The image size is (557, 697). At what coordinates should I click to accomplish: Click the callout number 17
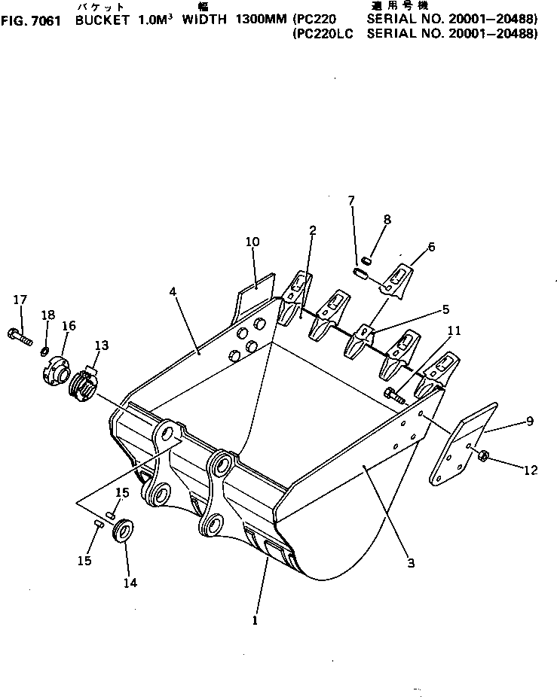click(x=19, y=300)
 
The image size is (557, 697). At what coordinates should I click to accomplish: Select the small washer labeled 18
click(x=46, y=351)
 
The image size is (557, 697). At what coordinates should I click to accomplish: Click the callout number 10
click(x=252, y=242)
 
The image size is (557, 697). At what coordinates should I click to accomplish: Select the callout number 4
click(x=175, y=291)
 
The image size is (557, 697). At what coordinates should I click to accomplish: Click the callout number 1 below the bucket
click(x=255, y=621)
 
